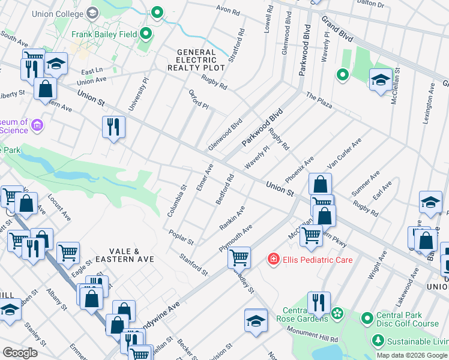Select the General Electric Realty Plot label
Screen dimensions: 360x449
(200, 61)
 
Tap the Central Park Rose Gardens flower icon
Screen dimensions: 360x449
(337, 313)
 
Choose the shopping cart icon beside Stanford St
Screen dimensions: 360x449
(240, 257)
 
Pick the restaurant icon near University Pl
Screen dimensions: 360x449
(113, 127)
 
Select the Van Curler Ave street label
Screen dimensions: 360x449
(345, 153)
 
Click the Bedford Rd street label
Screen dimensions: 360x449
(225, 190)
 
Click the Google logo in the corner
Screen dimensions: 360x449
(20, 353)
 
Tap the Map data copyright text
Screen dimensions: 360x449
(412, 355)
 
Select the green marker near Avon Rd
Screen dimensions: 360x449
(157, 13)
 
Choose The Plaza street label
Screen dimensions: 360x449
(319, 100)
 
